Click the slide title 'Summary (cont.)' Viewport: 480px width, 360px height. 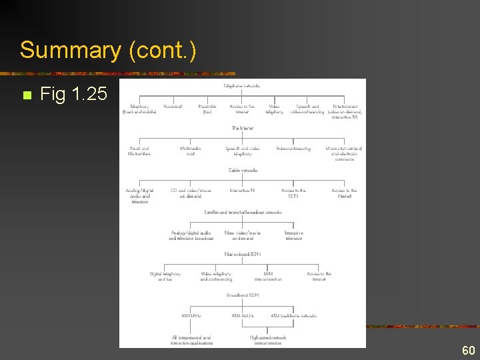point(108,51)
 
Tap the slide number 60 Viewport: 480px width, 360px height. point(468,351)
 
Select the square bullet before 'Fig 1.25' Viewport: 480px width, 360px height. point(26,95)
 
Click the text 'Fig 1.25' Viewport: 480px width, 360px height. point(73,95)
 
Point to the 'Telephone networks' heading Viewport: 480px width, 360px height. point(242,85)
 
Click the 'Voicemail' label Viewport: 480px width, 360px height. point(173,106)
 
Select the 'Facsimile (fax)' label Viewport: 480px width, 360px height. point(207,109)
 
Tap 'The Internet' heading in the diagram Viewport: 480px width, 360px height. point(242,128)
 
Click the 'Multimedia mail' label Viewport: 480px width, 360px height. point(191,151)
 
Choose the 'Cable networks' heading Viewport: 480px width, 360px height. point(243,170)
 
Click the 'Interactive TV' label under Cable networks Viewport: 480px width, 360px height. point(243,191)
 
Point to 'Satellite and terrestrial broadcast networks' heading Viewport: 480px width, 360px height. point(243,212)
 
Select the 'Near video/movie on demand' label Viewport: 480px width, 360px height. point(243,235)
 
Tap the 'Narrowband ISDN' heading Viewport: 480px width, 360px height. point(243,253)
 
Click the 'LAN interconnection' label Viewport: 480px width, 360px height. point(268,276)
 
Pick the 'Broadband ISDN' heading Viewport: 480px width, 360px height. point(243,294)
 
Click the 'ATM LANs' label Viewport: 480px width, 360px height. point(191,315)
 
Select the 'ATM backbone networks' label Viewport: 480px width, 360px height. point(293,315)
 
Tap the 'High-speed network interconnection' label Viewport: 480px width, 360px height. point(267,340)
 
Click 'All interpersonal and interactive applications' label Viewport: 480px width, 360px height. point(191,340)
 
